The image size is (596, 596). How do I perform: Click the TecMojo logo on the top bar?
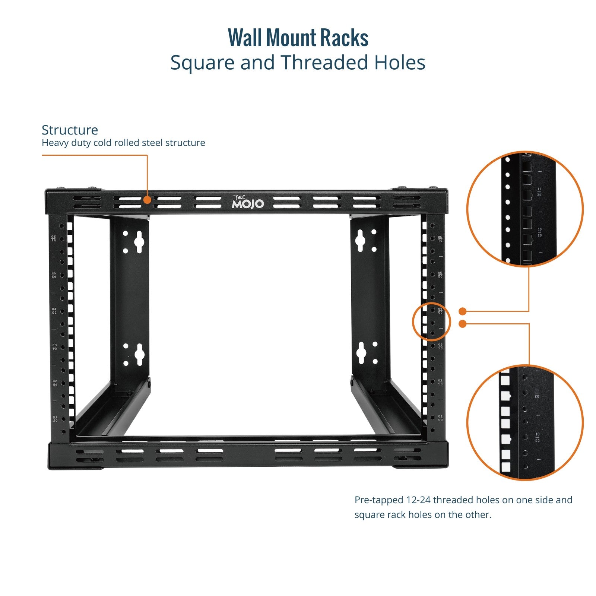[248, 202]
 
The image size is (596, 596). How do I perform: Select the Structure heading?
[70, 130]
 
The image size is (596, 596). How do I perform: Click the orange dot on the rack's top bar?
[148, 200]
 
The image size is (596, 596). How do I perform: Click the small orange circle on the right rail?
[431, 321]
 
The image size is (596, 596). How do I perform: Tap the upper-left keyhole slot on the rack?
[139, 242]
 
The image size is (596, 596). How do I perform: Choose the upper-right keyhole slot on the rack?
[360, 240]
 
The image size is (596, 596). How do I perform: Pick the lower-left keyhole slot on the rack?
[139, 354]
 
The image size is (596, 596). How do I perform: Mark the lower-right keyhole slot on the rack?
[361, 352]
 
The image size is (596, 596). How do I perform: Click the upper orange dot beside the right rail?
[463, 311]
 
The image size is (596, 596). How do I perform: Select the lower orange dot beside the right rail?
[463, 324]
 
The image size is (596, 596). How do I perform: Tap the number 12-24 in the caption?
[418, 500]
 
